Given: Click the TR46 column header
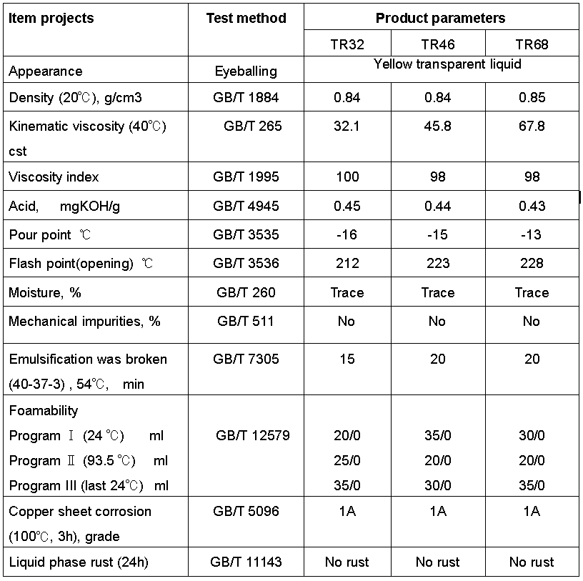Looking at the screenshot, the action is pyautogui.click(x=438, y=44).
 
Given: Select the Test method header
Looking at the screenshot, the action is pyautogui.click(x=246, y=19).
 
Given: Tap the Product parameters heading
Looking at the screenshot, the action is pyautogui.click(x=441, y=19).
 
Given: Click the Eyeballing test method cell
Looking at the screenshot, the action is pyautogui.click(x=246, y=71).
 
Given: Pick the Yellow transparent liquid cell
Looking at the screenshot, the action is pyautogui.click(x=447, y=64).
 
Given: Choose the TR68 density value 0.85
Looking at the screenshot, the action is pyautogui.click(x=532, y=97).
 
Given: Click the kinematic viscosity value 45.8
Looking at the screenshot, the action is pyautogui.click(x=438, y=126).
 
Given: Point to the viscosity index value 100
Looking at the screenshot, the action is pyautogui.click(x=347, y=177).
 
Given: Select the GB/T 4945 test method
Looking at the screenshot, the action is pyautogui.click(x=246, y=206).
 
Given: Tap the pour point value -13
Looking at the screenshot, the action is pyautogui.click(x=531, y=234).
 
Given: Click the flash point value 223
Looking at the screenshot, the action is pyautogui.click(x=438, y=264).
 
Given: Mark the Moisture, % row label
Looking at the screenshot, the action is pyautogui.click(x=45, y=293).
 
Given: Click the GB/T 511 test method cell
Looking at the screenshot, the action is pyautogui.click(x=245, y=321).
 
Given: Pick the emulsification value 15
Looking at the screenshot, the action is pyautogui.click(x=347, y=359).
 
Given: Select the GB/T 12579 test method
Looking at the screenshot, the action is pyautogui.click(x=252, y=435).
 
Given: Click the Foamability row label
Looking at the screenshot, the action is pyautogui.click(x=44, y=410).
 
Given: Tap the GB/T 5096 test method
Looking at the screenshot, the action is pyautogui.click(x=246, y=511).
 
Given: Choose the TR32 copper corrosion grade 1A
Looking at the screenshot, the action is pyautogui.click(x=347, y=511).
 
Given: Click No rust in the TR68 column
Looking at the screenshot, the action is pyautogui.click(x=532, y=562).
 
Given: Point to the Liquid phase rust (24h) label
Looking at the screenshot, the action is pyautogui.click(x=79, y=562).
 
